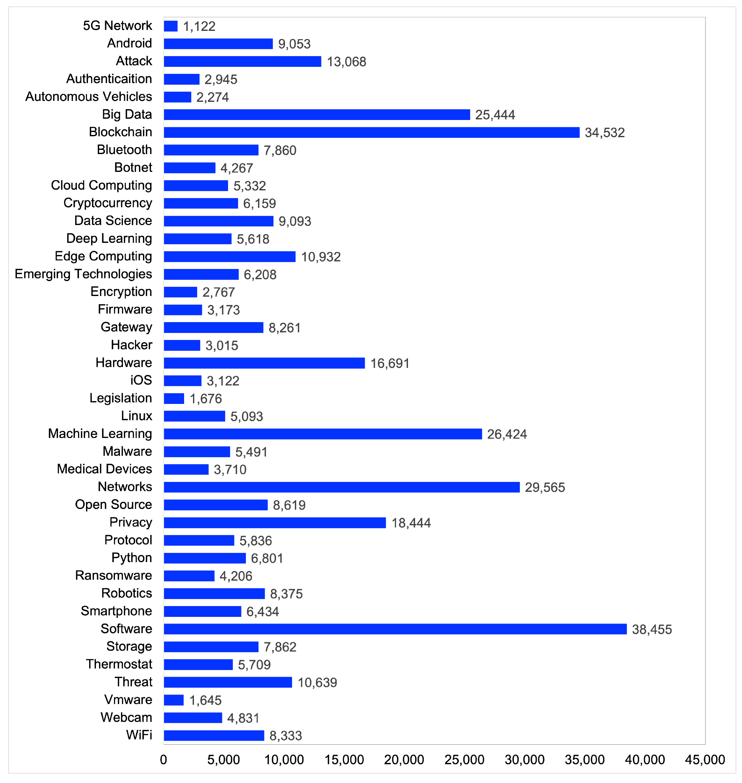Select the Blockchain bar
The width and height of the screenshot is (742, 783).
click(x=371, y=132)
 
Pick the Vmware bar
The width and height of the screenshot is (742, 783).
click(x=174, y=700)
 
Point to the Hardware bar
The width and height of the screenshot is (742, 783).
click(x=264, y=363)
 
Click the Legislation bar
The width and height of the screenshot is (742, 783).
click(x=174, y=399)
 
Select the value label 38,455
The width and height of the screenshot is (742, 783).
click(x=652, y=629)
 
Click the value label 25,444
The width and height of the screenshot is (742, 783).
click(x=495, y=115)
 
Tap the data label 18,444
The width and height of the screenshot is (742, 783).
click(x=411, y=523)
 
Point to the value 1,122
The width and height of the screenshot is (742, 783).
click(x=199, y=26)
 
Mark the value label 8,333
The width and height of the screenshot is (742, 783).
click(x=286, y=736)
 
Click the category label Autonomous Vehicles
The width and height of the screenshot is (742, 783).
click(x=89, y=96)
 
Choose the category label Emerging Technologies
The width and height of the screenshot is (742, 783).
click(x=83, y=274)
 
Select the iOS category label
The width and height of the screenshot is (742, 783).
click(x=141, y=380)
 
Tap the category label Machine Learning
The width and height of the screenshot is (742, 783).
click(x=100, y=434)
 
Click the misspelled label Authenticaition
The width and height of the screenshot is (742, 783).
click(x=109, y=79)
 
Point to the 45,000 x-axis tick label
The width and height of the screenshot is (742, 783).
click(x=705, y=759)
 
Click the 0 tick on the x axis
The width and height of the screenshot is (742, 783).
click(x=163, y=759)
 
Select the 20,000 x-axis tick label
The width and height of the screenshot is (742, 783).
click(x=404, y=759)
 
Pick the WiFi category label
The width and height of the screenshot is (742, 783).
click(x=139, y=735)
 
